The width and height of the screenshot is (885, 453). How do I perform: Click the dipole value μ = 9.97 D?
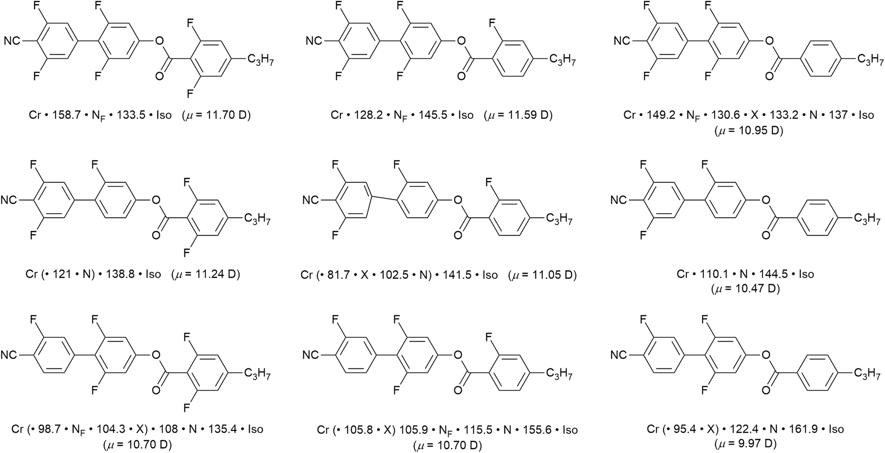745,443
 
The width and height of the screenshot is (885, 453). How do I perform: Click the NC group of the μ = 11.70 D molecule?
13,41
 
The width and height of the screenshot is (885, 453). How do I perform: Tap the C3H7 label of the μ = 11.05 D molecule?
559,219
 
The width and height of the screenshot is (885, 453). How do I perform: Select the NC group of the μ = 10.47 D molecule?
619,200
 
